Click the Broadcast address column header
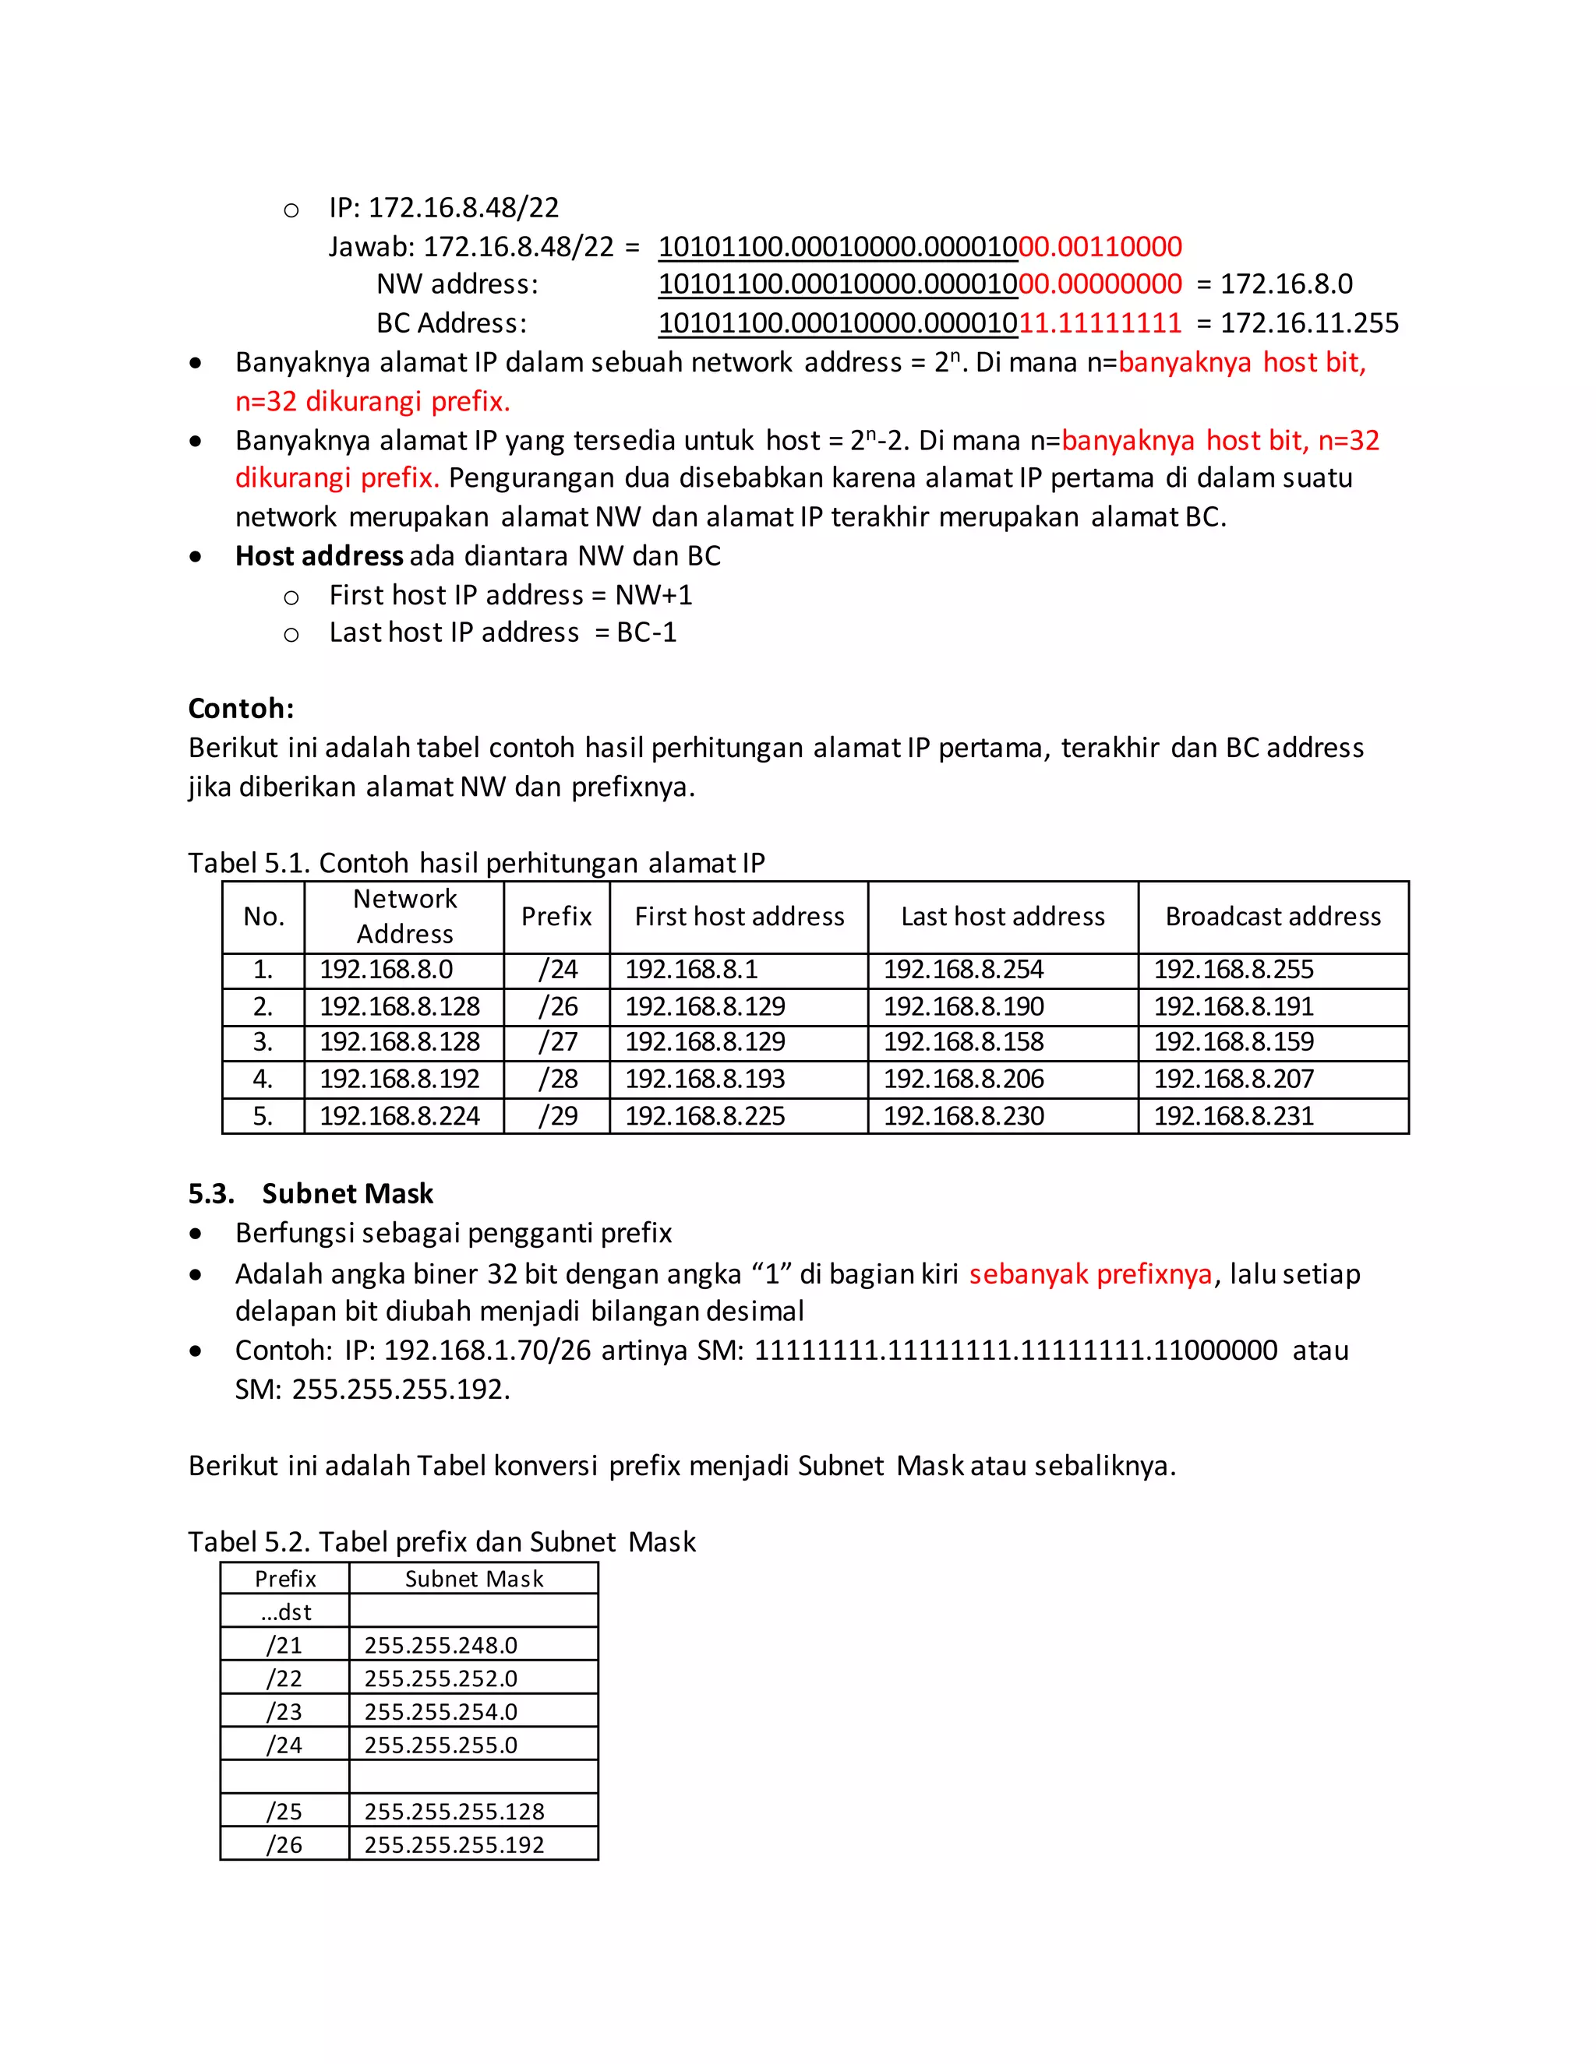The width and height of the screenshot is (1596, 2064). (1273, 917)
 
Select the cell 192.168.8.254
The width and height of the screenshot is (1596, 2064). (962, 970)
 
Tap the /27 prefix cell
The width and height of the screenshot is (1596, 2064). (557, 1042)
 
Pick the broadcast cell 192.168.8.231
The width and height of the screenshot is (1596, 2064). (1233, 1116)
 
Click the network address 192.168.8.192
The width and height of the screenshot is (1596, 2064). (399, 1080)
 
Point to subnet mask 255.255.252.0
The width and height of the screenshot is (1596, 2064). (440, 1678)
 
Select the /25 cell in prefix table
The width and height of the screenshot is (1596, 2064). (284, 1812)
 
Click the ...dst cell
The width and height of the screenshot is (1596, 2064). (285, 1612)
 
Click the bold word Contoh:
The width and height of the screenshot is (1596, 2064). (241, 709)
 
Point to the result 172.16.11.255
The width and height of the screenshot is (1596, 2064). (1308, 323)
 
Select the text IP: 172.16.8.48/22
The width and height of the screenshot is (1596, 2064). (443, 208)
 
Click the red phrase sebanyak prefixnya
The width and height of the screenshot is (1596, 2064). (1090, 1274)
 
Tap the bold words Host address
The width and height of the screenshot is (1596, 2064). (319, 555)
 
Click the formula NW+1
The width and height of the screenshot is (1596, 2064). (653, 595)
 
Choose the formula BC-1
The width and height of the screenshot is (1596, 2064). (647, 632)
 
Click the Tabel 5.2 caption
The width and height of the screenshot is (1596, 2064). (442, 1542)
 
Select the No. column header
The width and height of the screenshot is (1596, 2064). (264, 917)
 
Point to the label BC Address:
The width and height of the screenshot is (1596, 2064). (451, 323)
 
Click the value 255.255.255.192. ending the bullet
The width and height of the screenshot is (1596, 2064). (400, 1390)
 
